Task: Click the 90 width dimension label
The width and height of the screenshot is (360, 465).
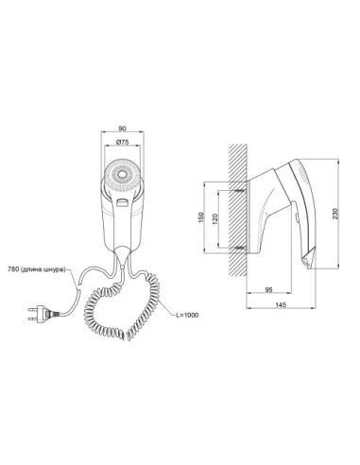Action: click(x=122, y=129)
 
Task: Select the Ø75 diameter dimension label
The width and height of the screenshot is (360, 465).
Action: click(x=122, y=142)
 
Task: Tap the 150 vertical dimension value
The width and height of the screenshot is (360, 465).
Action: click(x=201, y=217)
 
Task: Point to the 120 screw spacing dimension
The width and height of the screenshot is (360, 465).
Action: click(x=215, y=218)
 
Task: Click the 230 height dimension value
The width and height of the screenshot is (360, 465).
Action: click(x=335, y=214)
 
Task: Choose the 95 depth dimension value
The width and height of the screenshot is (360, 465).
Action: click(x=268, y=290)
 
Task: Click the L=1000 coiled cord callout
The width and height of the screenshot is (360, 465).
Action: click(x=187, y=315)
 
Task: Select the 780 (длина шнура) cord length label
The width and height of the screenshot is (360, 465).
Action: click(x=37, y=269)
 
